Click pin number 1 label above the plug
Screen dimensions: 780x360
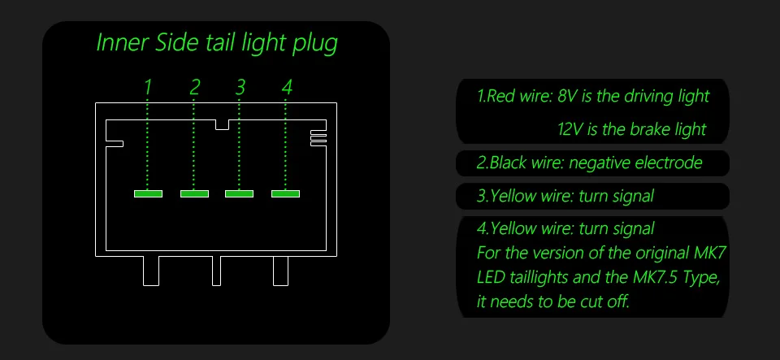tap(148, 86)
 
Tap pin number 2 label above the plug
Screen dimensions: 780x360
tap(195, 86)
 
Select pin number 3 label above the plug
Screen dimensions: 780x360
tap(240, 86)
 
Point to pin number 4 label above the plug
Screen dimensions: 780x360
tap(287, 86)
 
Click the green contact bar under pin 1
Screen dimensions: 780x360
tap(148, 193)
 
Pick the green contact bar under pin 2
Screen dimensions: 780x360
tap(194, 193)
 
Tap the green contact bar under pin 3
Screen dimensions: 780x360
tap(240, 193)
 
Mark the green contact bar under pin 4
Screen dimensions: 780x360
tap(286, 193)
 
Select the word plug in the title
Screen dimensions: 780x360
tap(314, 44)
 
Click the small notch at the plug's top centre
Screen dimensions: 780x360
tap(222, 124)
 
